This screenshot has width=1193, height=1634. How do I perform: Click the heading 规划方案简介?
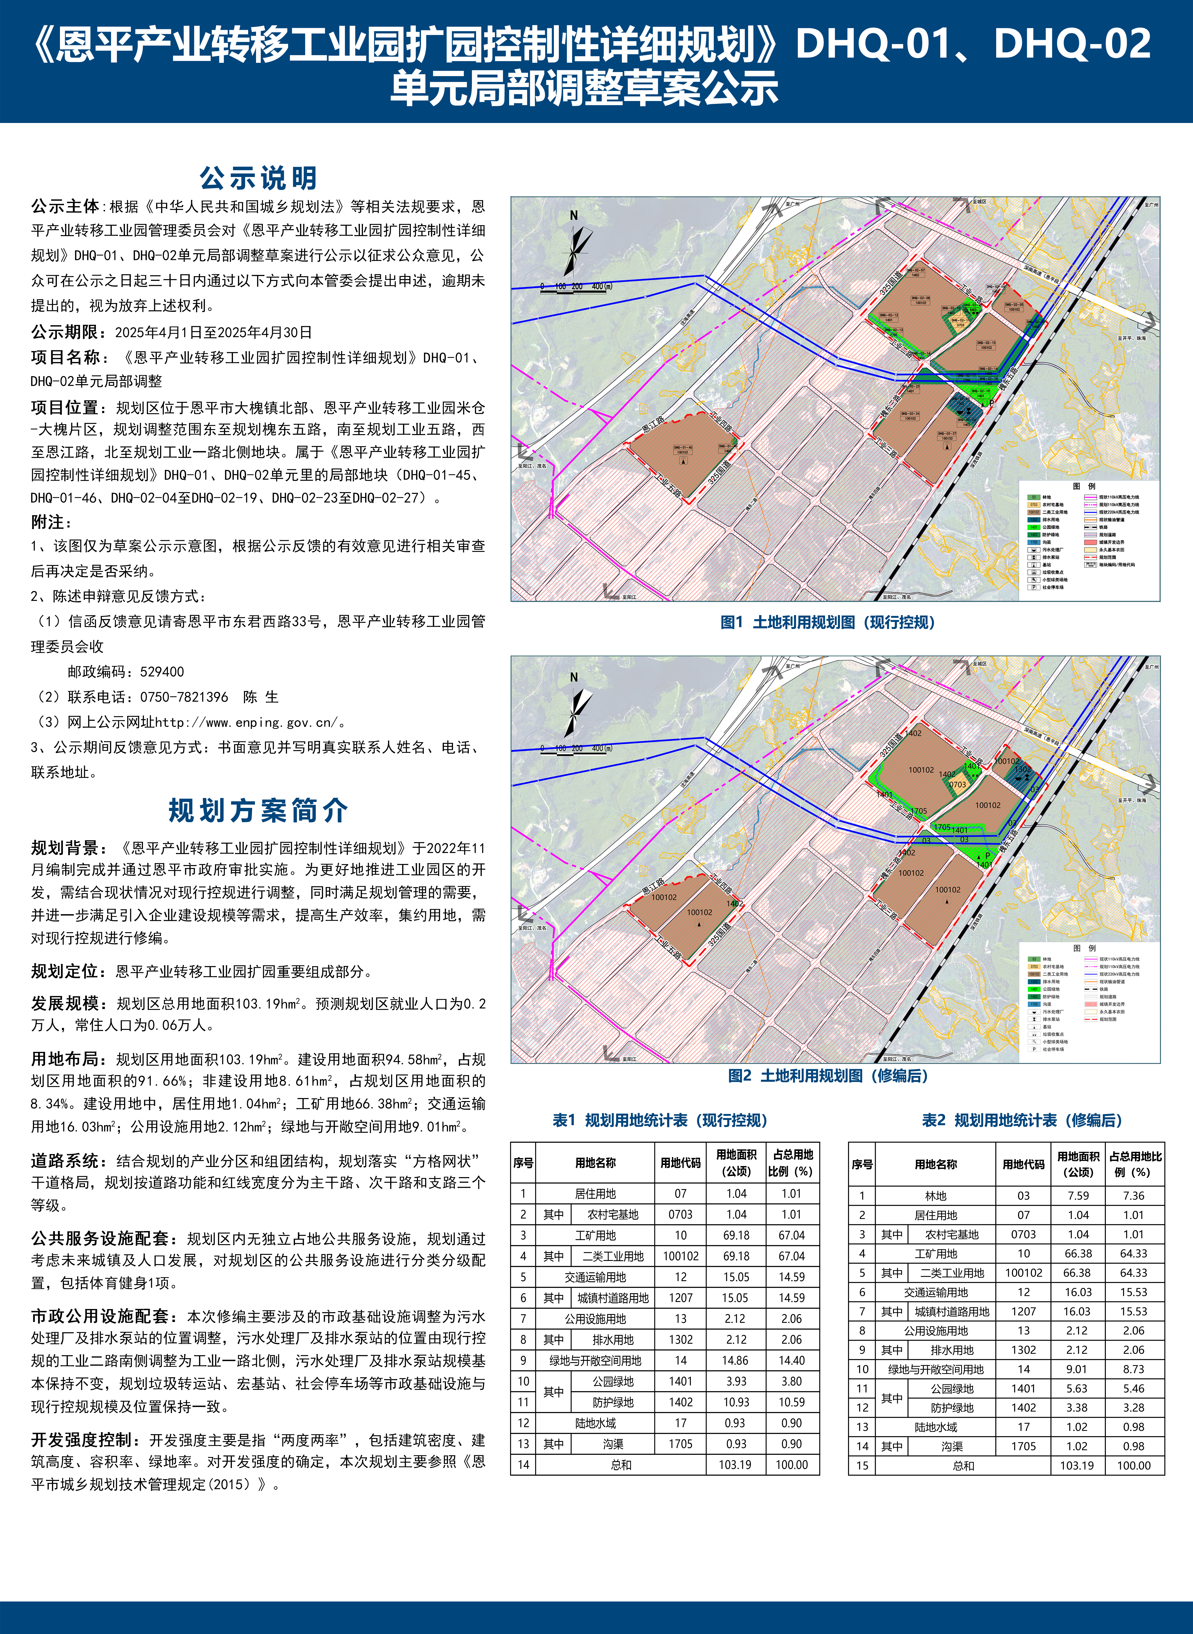258,810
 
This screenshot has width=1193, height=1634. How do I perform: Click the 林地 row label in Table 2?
936,1196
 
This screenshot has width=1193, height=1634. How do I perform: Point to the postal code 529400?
162,672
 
